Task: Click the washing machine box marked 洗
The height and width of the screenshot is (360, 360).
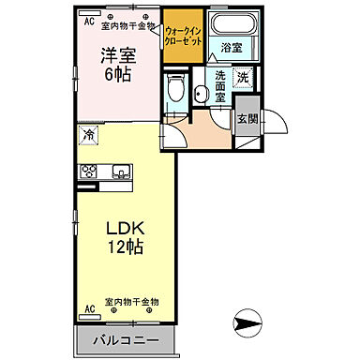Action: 243,78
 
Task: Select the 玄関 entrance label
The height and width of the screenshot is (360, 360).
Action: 247,118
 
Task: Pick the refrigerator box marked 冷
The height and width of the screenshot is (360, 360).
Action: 87,135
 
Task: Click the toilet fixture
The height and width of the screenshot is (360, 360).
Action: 174,89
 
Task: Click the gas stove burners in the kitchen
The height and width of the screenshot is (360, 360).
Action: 90,171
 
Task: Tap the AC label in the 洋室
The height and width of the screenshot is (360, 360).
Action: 90,20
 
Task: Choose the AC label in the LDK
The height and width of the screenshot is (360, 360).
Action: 90,307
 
